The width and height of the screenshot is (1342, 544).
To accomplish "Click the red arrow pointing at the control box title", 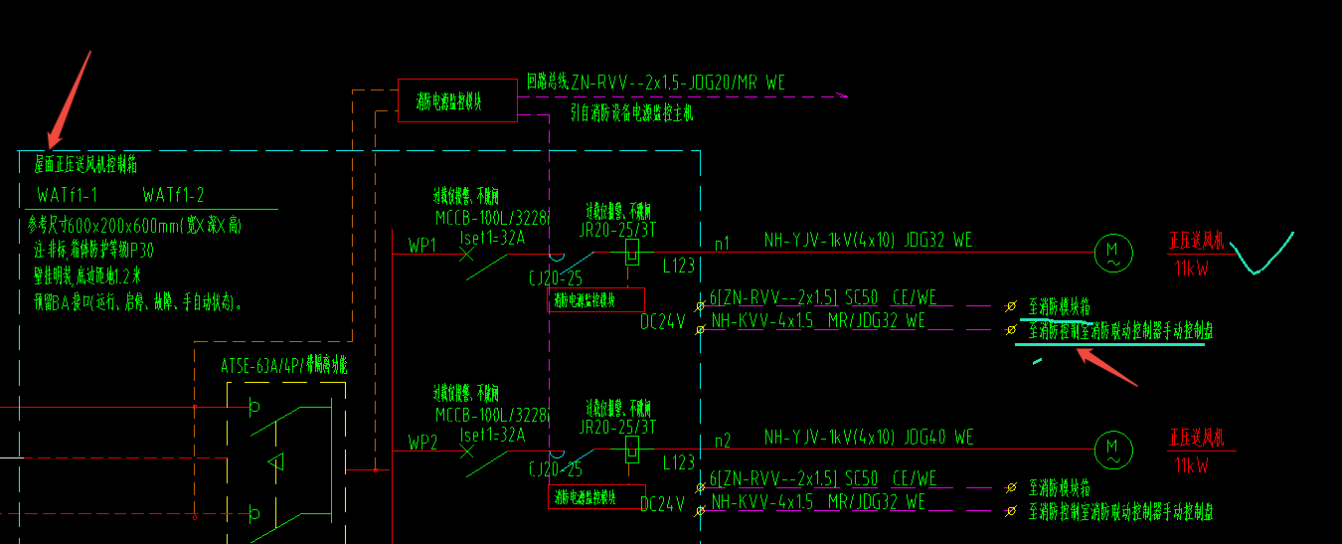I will pos(70,94).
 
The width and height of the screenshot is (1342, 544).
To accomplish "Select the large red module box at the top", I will pos(457,99).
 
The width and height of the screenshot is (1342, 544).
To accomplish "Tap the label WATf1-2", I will pos(173,195).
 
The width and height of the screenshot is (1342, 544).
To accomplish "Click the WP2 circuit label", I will pos(422,442).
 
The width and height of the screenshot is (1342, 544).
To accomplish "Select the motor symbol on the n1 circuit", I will pos(1113,253).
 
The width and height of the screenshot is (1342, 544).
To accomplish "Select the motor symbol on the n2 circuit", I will pos(1113,451).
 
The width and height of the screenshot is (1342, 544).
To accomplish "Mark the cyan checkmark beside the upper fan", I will pos(1259,255).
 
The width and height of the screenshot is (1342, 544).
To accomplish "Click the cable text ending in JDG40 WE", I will pos(869,438).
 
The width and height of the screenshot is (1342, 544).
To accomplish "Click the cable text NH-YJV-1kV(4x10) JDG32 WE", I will pos(868,240).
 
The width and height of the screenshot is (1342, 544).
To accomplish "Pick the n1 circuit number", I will pos(723,242).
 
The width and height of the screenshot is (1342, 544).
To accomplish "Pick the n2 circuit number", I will pos(723,441).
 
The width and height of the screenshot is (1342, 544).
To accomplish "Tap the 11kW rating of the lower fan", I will pos(1191,465).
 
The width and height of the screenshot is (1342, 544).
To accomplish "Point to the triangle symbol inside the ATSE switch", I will pos(276,461).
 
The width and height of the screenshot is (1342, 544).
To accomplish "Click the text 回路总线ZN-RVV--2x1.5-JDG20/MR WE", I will pos(656,83).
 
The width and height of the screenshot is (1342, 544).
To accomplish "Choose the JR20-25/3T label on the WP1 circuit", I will pos(617,228).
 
